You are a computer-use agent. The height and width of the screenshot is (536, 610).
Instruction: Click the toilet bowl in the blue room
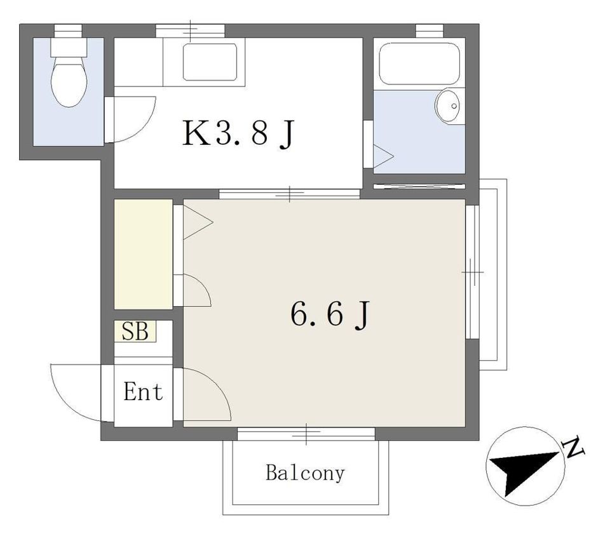pyautogui.click(x=69, y=82)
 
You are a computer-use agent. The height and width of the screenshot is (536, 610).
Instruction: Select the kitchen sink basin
pyautogui.click(x=210, y=62)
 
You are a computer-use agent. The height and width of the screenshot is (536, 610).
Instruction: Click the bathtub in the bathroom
pyautogui.click(x=419, y=64)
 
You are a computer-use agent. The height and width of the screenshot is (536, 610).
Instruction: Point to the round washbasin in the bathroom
pyautogui.click(x=447, y=105)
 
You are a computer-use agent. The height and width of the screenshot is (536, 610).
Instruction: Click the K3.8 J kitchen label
pyautogui.click(x=238, y=133)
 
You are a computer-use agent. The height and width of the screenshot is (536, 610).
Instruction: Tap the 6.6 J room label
pyautogui.click(x=329, y=314)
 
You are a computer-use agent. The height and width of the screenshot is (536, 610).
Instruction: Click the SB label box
pyautogui.click(x=135, y=332)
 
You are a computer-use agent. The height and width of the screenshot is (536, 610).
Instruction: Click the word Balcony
pyautogui.click(x=306, y=473)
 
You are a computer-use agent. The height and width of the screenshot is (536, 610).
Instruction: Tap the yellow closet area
pyautogui.click(x=143, y=254)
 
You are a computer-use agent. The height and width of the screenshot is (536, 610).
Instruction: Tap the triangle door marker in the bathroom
pyautogui.click(x=383, y=157)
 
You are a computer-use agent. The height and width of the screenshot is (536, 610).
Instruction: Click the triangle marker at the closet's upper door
pyautogui.click(x=198, y=222)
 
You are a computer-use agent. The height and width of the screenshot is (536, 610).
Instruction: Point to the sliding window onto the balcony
pyautogui.click(x=306, y=434)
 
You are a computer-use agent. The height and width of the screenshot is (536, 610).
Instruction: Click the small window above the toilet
pyautogui.click(x=68, y=30)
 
